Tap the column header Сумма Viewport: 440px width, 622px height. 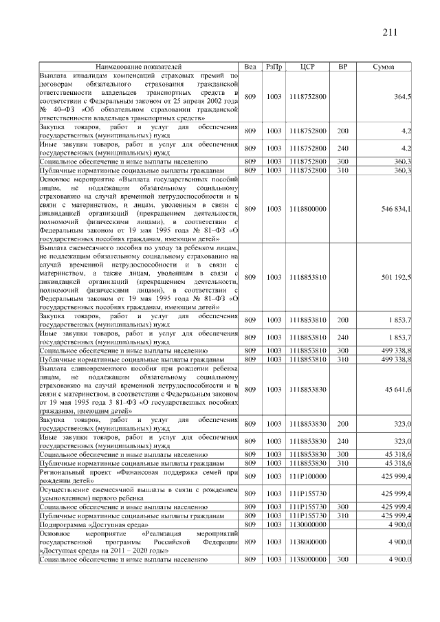[x=383, y=67]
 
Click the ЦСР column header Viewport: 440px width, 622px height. [x=308, y=67]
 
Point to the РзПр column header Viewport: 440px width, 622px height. [x=274, y=67]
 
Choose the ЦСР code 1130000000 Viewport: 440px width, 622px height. [x=308, y=524]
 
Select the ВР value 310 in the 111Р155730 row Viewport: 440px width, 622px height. [x=343, y=515]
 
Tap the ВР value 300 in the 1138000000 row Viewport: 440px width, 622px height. [x=343, y=560]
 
